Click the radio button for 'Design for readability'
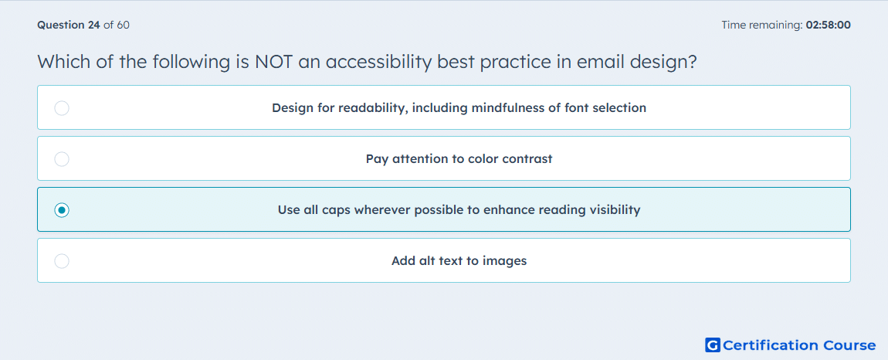pos(62,107)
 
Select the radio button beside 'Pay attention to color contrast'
pos(62,159)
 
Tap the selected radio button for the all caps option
pos(62,210)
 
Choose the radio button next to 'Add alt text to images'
pos(62,261)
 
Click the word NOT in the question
pos(273,62)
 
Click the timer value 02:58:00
pos(828,25)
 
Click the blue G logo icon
pos(713,345)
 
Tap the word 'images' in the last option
pos(507,261)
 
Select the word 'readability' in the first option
pos(371,107)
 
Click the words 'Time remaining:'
pos(762,25)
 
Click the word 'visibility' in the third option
pos(613,210)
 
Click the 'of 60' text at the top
pos(116,25)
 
